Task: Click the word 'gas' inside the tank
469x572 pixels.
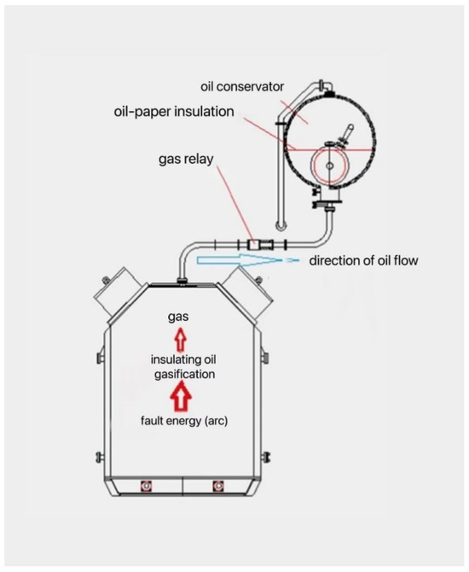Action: (x=177, y=318)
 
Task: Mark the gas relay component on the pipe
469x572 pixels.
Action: (x=253, y=244)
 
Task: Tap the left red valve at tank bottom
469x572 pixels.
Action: (x=144, y=487)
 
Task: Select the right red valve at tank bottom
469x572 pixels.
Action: (x=215, y=487)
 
